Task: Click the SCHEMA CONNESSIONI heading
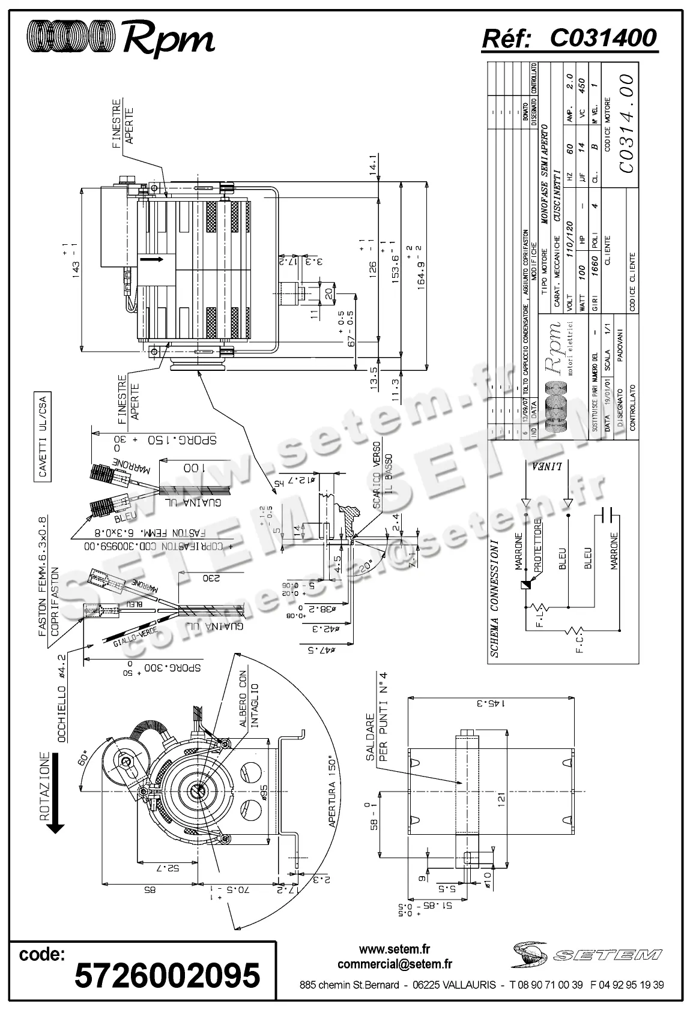click(x=494, y=600)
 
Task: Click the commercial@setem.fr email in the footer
click(x=395, y=964)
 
